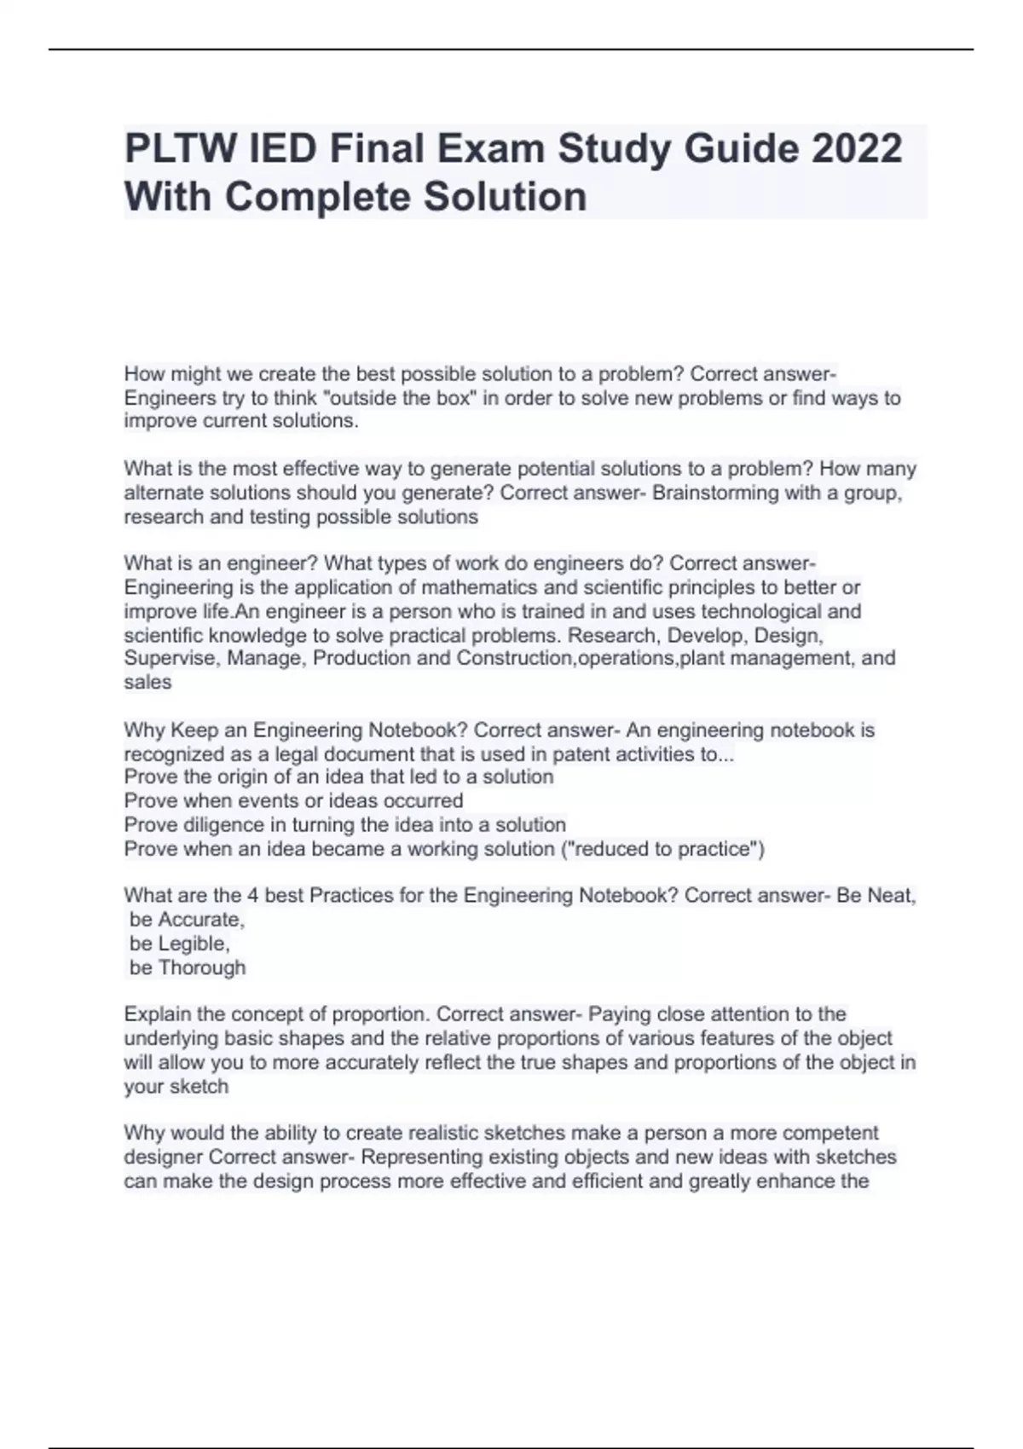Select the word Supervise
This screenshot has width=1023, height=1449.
pos(169,658)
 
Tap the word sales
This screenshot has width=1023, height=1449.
pos(147,682)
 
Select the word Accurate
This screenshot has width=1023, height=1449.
pos(201,920)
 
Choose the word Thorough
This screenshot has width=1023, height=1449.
pos(202,967)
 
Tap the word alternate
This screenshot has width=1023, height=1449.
pos(165,493)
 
